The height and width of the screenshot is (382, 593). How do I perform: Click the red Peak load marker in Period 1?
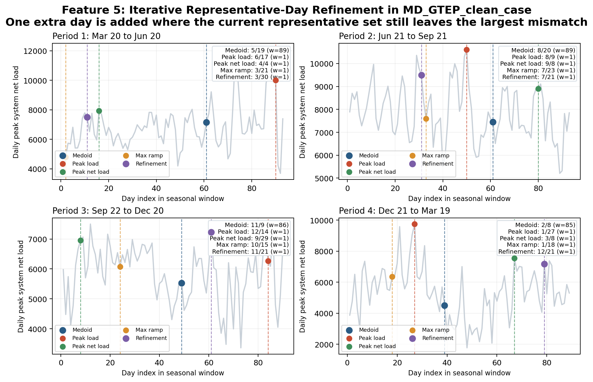coord(276,80)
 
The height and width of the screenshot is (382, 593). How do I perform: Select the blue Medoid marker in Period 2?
coord(493,122)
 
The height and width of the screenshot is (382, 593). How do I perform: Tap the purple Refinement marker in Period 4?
coord(544,264)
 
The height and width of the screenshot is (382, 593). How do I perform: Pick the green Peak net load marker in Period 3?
coord(80,240)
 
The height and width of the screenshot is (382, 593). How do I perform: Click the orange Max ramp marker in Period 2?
coord(426,119)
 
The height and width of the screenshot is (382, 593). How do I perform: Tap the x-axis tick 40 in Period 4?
coord(447,362)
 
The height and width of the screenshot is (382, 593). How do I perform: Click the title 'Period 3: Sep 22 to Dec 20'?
coord(108,211)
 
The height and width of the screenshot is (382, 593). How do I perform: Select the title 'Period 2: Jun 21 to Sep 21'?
coord(393,36)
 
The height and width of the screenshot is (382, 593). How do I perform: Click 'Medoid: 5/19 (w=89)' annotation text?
coord(257,50)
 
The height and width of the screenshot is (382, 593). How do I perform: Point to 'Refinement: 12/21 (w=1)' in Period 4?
coord(536,252)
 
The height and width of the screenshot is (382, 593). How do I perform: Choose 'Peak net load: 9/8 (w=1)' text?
coord(537,64)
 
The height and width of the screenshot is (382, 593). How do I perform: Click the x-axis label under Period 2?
coord(459,199)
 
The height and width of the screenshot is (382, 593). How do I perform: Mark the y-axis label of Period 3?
coord(21,286)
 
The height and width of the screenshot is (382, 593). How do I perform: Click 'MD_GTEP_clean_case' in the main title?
coord(467,10)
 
